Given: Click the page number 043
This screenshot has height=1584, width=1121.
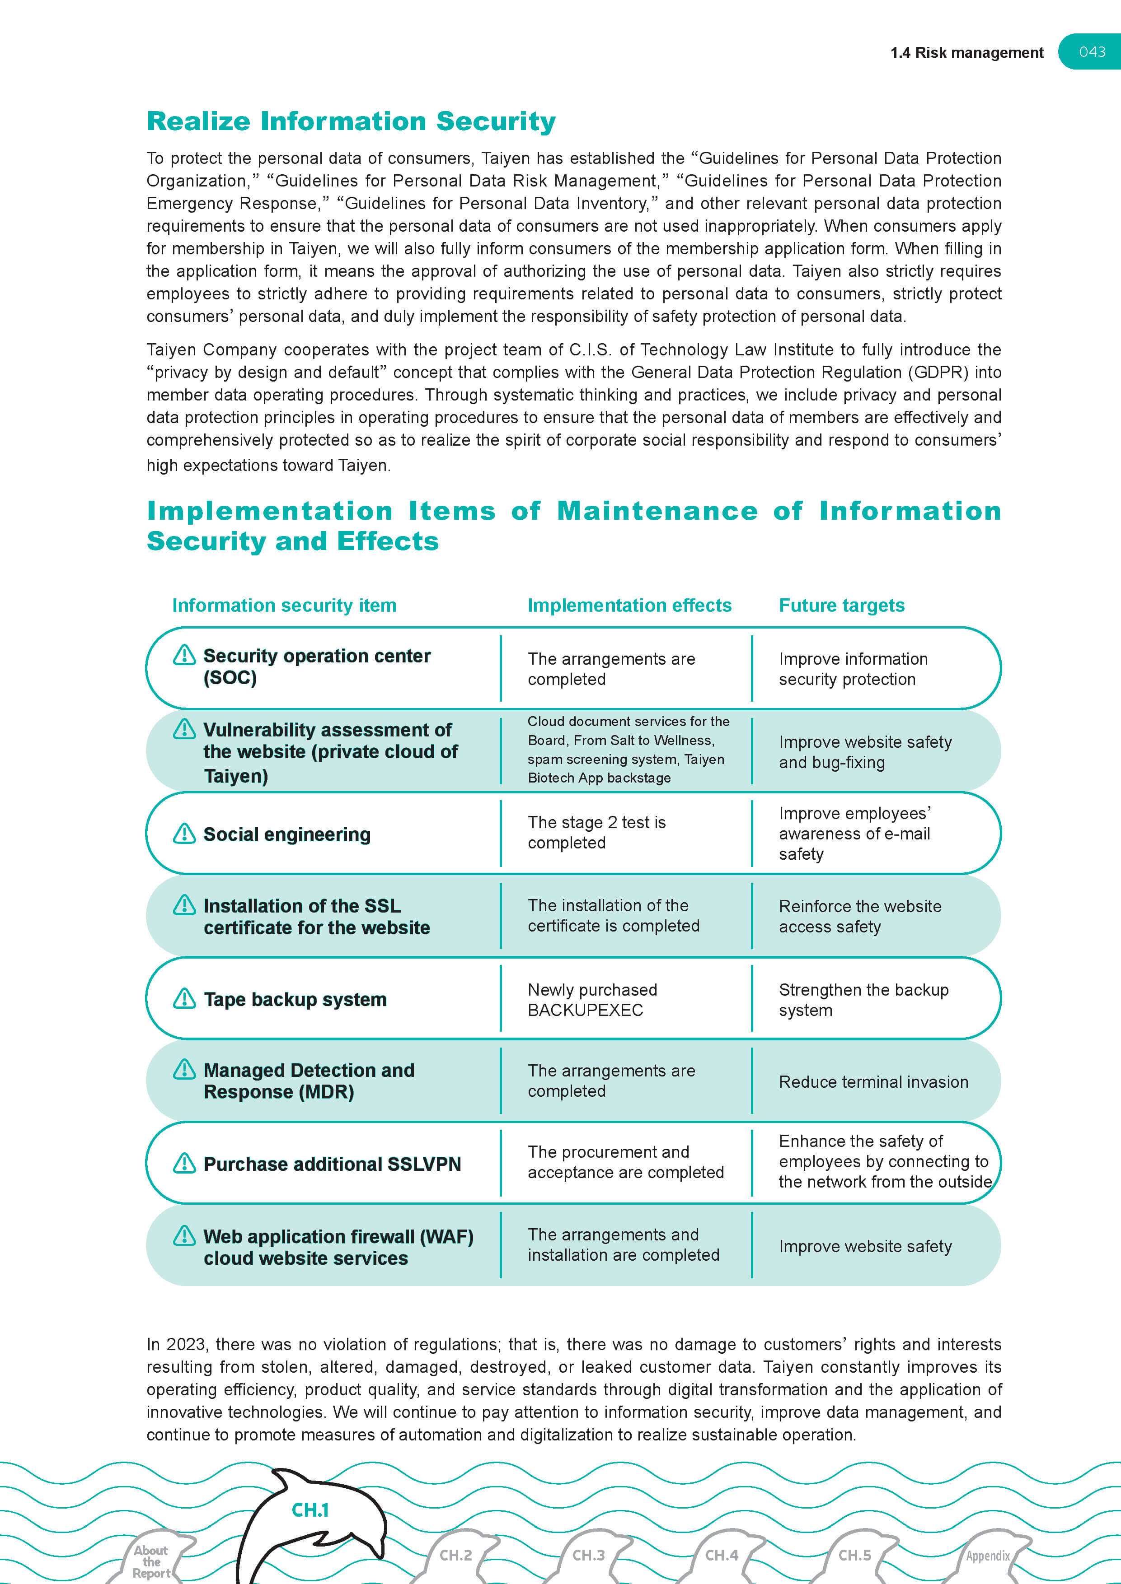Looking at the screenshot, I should point(1092,52).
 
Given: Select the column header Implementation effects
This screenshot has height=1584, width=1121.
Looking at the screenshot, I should point(629,605).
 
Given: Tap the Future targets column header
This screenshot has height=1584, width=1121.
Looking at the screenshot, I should point(841,605).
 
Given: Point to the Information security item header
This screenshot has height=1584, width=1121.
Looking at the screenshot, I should point(284,605).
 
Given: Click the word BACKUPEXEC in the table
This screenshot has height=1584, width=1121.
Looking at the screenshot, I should point(585,1010).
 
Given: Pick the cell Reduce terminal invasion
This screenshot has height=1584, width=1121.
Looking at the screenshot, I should point(873,1082).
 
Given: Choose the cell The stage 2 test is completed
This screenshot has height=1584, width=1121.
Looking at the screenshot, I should point(596,832).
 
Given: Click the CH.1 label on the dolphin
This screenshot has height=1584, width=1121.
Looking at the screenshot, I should point(310,1510).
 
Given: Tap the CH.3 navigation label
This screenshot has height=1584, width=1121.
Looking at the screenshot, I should point(588,1555).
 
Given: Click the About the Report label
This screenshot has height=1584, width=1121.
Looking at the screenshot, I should point(151,1561).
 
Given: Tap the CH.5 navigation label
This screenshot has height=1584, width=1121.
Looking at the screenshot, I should point(854,1555).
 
